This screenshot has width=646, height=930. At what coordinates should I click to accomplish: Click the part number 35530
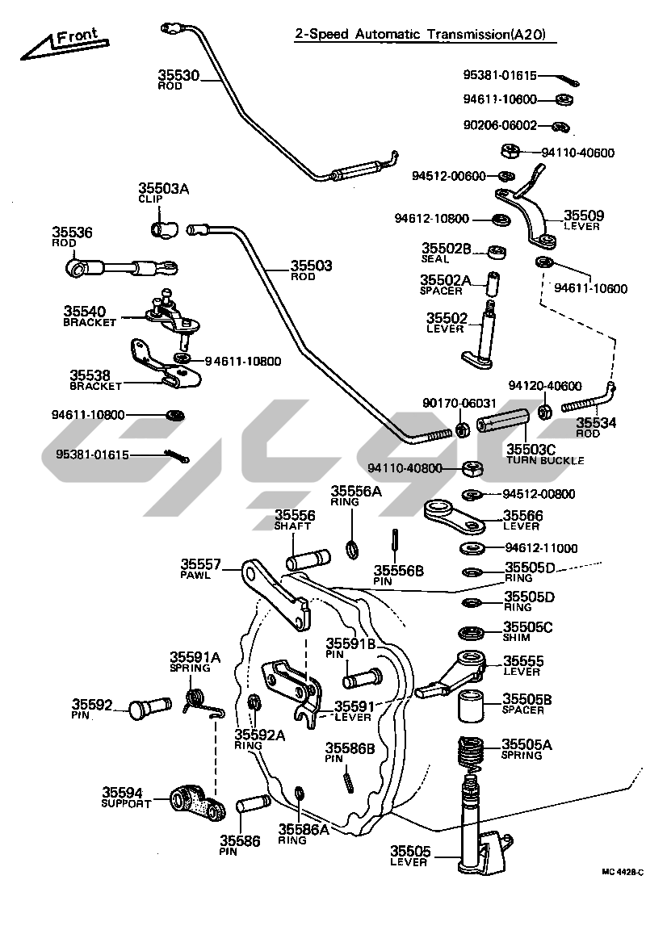point(177,76)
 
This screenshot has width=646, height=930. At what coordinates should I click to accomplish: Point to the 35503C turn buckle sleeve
point(502,423)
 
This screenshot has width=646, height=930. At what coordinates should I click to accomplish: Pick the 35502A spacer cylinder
point(493,284)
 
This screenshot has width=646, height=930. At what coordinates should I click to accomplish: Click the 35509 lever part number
point(583,216)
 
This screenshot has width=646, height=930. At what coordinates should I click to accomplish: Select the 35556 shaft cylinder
point(308,559)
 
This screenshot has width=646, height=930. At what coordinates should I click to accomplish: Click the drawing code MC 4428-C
point(622,872)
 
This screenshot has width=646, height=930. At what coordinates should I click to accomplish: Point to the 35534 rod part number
point(595,422)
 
